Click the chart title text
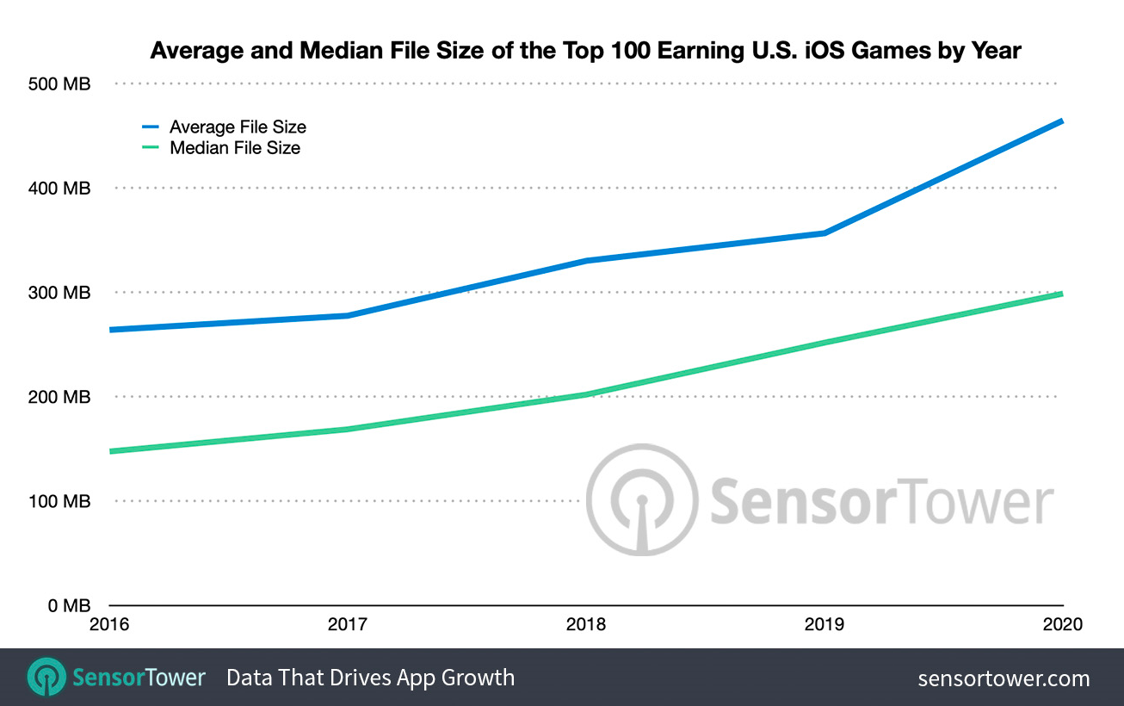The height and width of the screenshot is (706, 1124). [585, 51]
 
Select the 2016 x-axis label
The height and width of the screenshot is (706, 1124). [109, 624]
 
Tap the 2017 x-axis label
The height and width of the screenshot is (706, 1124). [348, 624]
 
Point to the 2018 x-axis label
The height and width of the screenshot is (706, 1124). [586, 624]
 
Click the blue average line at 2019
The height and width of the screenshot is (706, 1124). [824, 233]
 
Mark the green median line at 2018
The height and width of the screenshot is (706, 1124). [586, 394]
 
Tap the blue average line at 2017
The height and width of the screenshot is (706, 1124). [348, 316]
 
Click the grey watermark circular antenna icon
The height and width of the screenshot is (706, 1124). [642, 499]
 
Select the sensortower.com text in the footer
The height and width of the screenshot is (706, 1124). [1004, 678]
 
